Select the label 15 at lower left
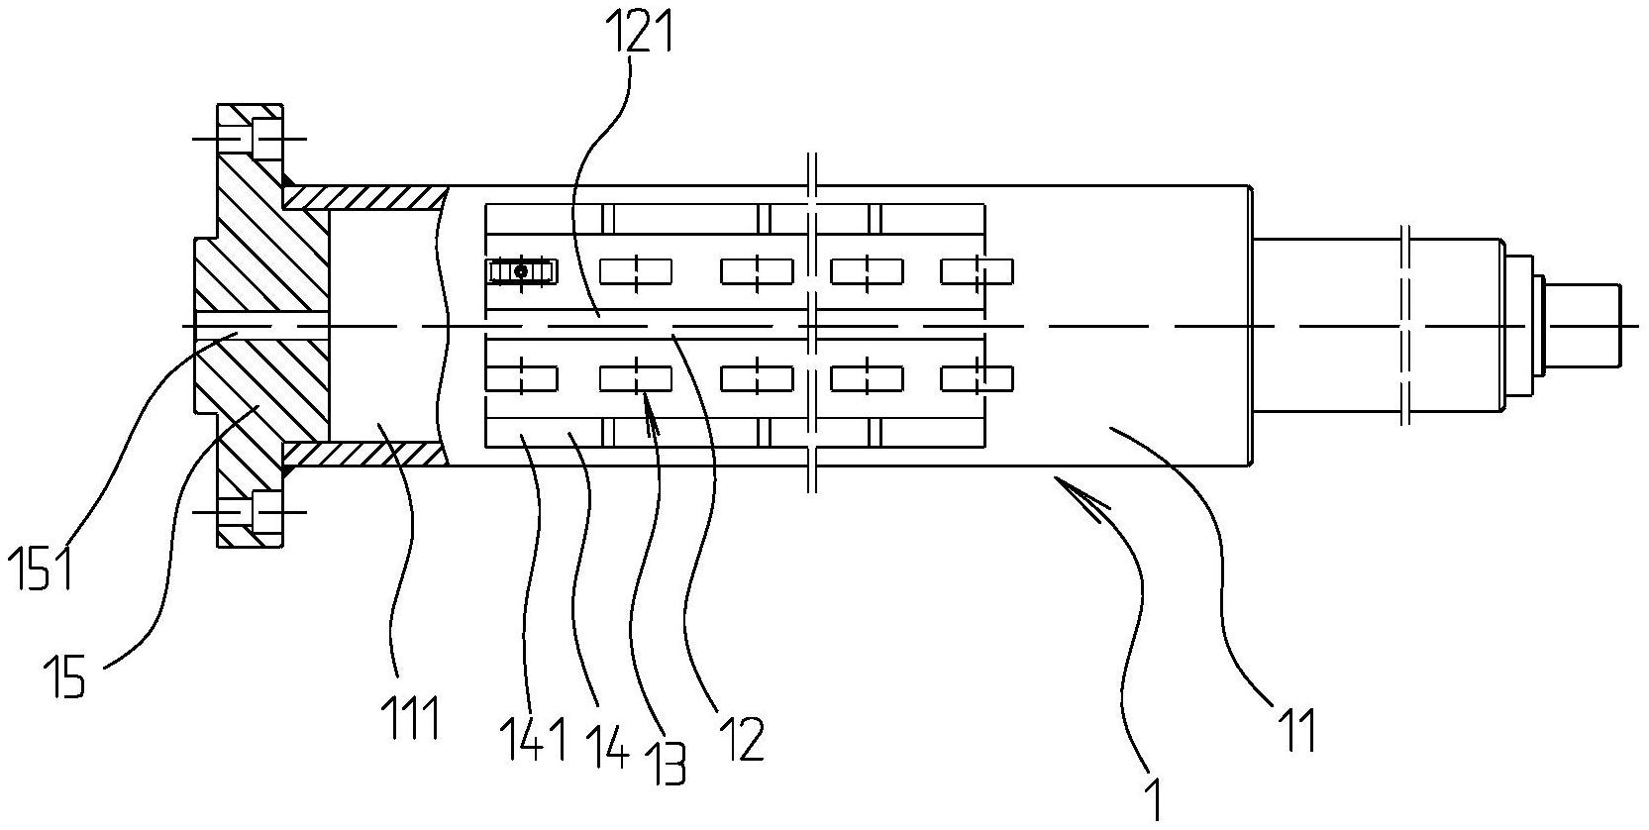click(64, 680)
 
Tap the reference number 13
click(670, 763)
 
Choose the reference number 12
click(742, 738)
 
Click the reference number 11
click(1295, 730)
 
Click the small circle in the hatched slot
click(521, 271)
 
